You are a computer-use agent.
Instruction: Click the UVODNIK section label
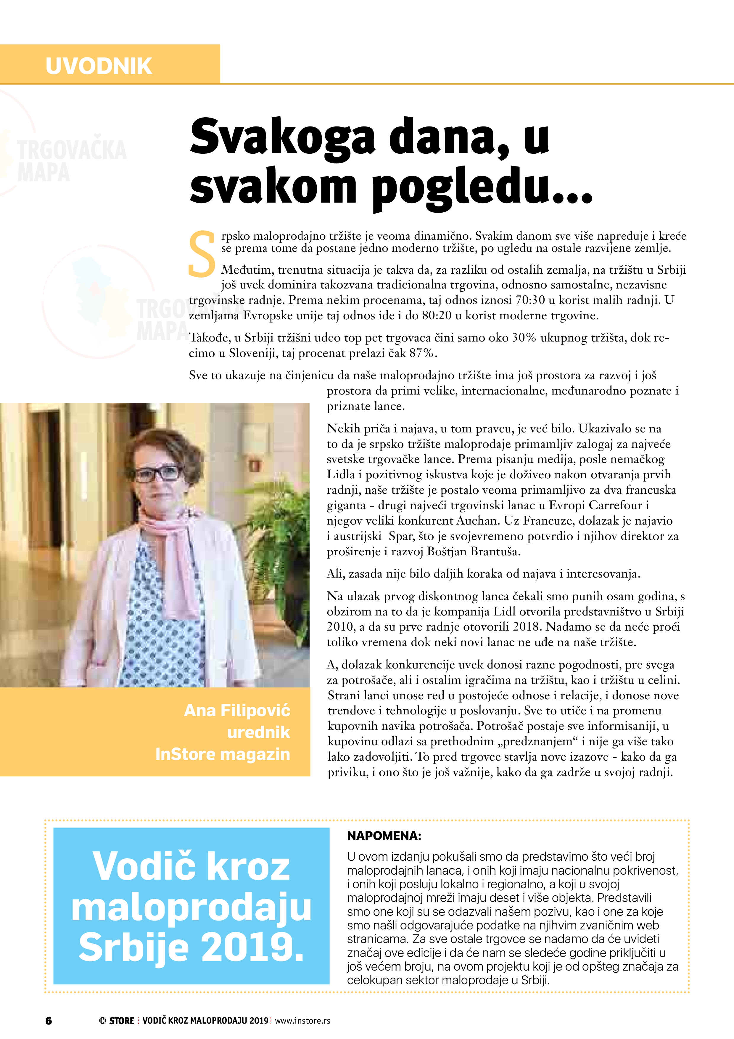point(99,66)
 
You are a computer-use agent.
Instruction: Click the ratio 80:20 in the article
point(437,316)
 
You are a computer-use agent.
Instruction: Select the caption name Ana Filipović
point(237,711)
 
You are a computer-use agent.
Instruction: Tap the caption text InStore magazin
point(223,754)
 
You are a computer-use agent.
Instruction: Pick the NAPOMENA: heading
point(384,836)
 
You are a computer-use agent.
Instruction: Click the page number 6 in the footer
point(48,1020)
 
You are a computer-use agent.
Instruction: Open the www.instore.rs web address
point(302,1020)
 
